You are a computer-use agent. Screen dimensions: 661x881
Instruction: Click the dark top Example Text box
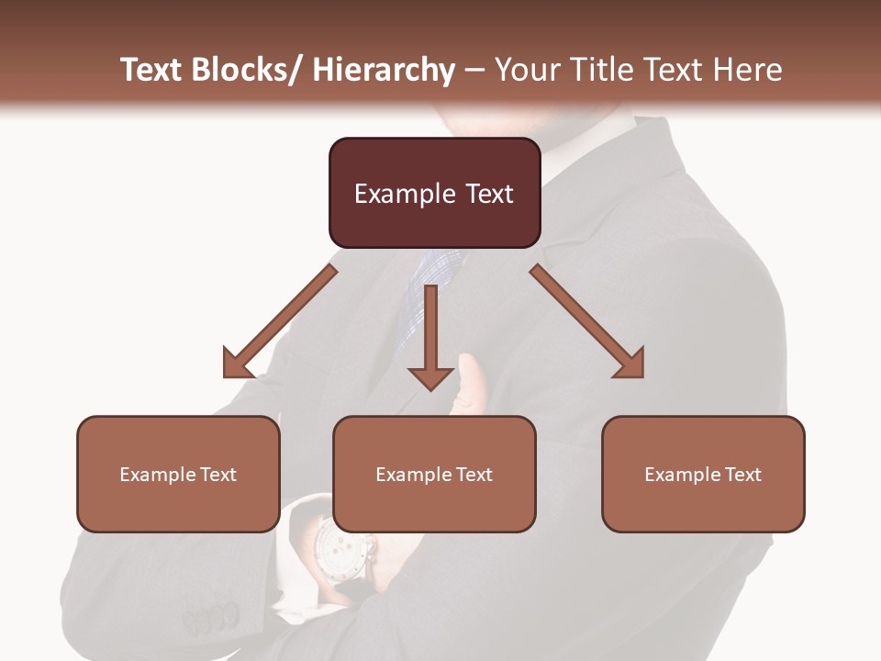[434, 193]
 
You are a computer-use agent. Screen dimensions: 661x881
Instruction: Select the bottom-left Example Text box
[178, 474]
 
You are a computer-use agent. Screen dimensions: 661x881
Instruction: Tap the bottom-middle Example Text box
[434, 474]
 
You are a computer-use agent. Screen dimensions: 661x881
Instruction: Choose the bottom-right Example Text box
[703, 474]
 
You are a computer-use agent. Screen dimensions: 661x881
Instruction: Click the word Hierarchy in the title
[384, 70]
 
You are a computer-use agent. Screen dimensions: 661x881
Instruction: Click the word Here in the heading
[748, 70]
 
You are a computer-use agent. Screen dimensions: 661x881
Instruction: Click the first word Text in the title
[153, 70]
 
